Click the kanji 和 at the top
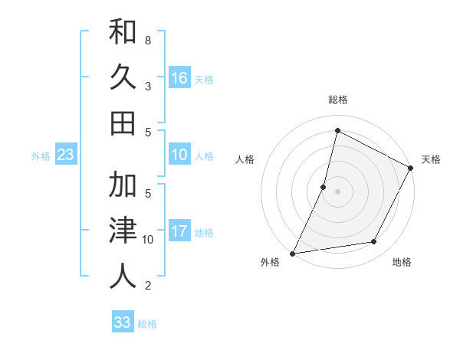123,32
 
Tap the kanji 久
123,77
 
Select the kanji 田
123,123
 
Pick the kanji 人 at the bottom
123,276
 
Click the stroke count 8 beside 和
147,39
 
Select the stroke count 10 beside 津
148,240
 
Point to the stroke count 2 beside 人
147,286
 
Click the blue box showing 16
179,78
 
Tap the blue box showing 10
179,155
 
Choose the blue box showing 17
179,231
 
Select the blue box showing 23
65,155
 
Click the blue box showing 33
122,322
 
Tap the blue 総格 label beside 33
147,324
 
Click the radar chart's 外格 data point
292,253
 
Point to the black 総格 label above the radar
338,100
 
